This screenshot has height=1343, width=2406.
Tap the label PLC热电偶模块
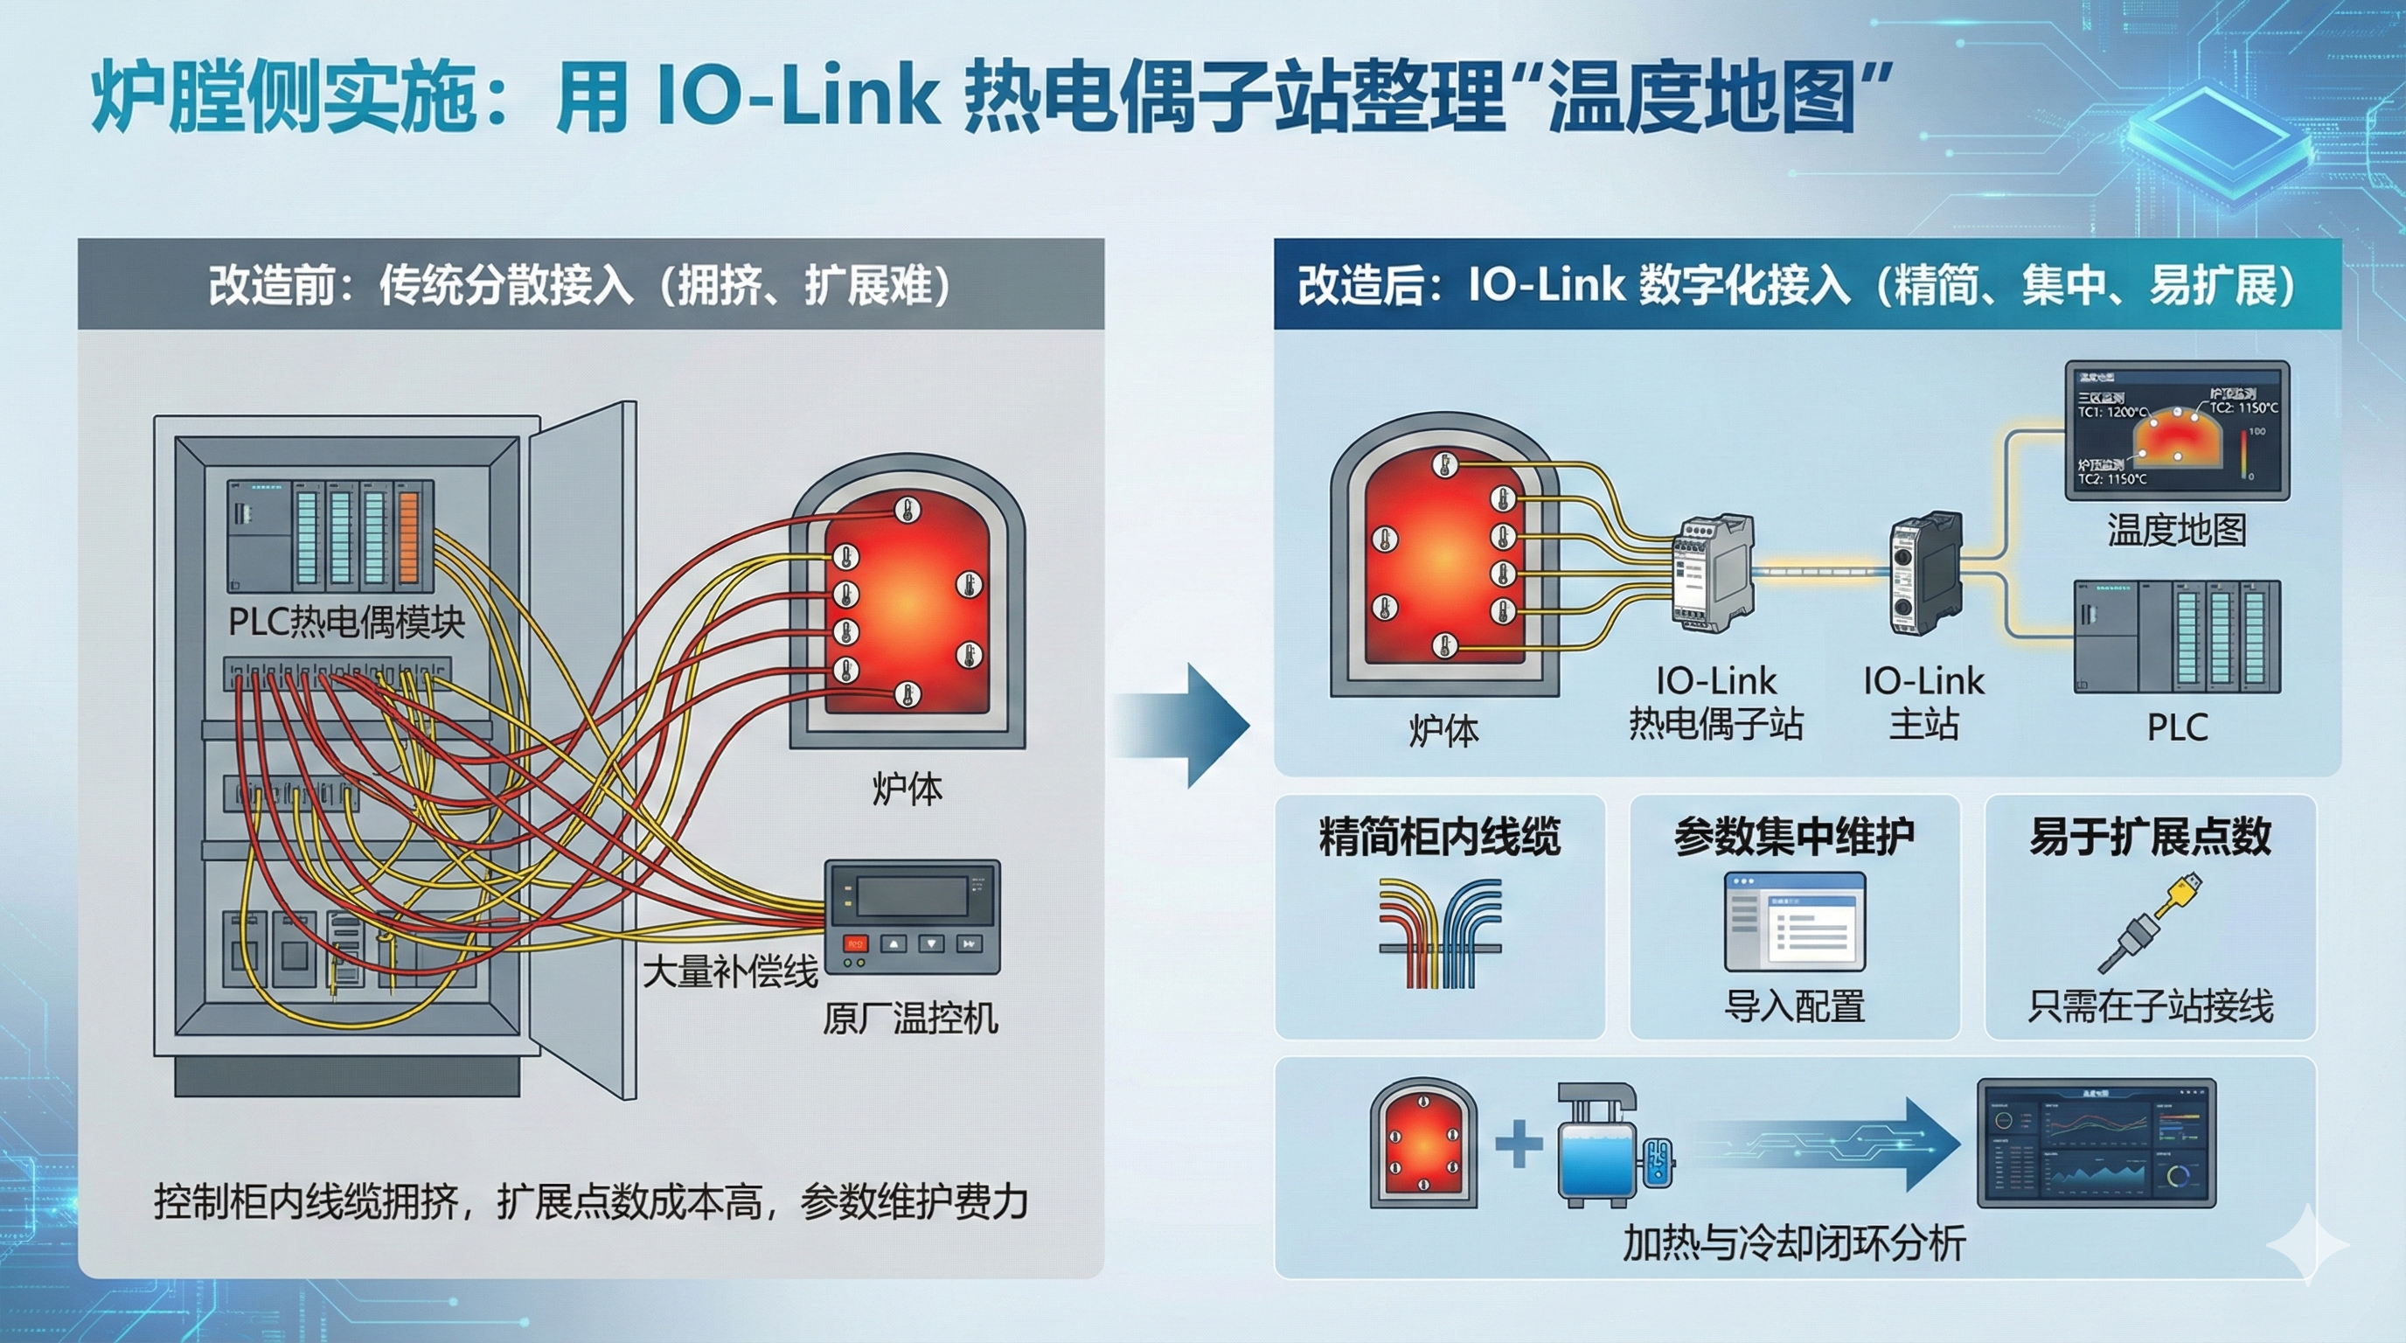click(x=346, y=622)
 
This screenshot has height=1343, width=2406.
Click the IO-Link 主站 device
click(x=1924, y=572)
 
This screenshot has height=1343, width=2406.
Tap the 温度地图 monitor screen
click(x=2175, y=429)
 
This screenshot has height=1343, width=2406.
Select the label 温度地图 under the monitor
click(x=2176, y=531)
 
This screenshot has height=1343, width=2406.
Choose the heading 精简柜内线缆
click(x=1439, y=836)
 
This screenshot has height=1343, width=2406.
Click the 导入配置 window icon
click(x=1794, y=922)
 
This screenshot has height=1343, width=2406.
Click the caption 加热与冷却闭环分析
click(x=1794, y=1243)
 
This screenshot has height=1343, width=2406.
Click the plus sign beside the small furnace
click(x=1519, y=1144)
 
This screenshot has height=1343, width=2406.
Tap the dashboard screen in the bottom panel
click(x=2096, y=1143)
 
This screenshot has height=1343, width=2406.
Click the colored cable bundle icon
click(x=1439, y=933)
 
